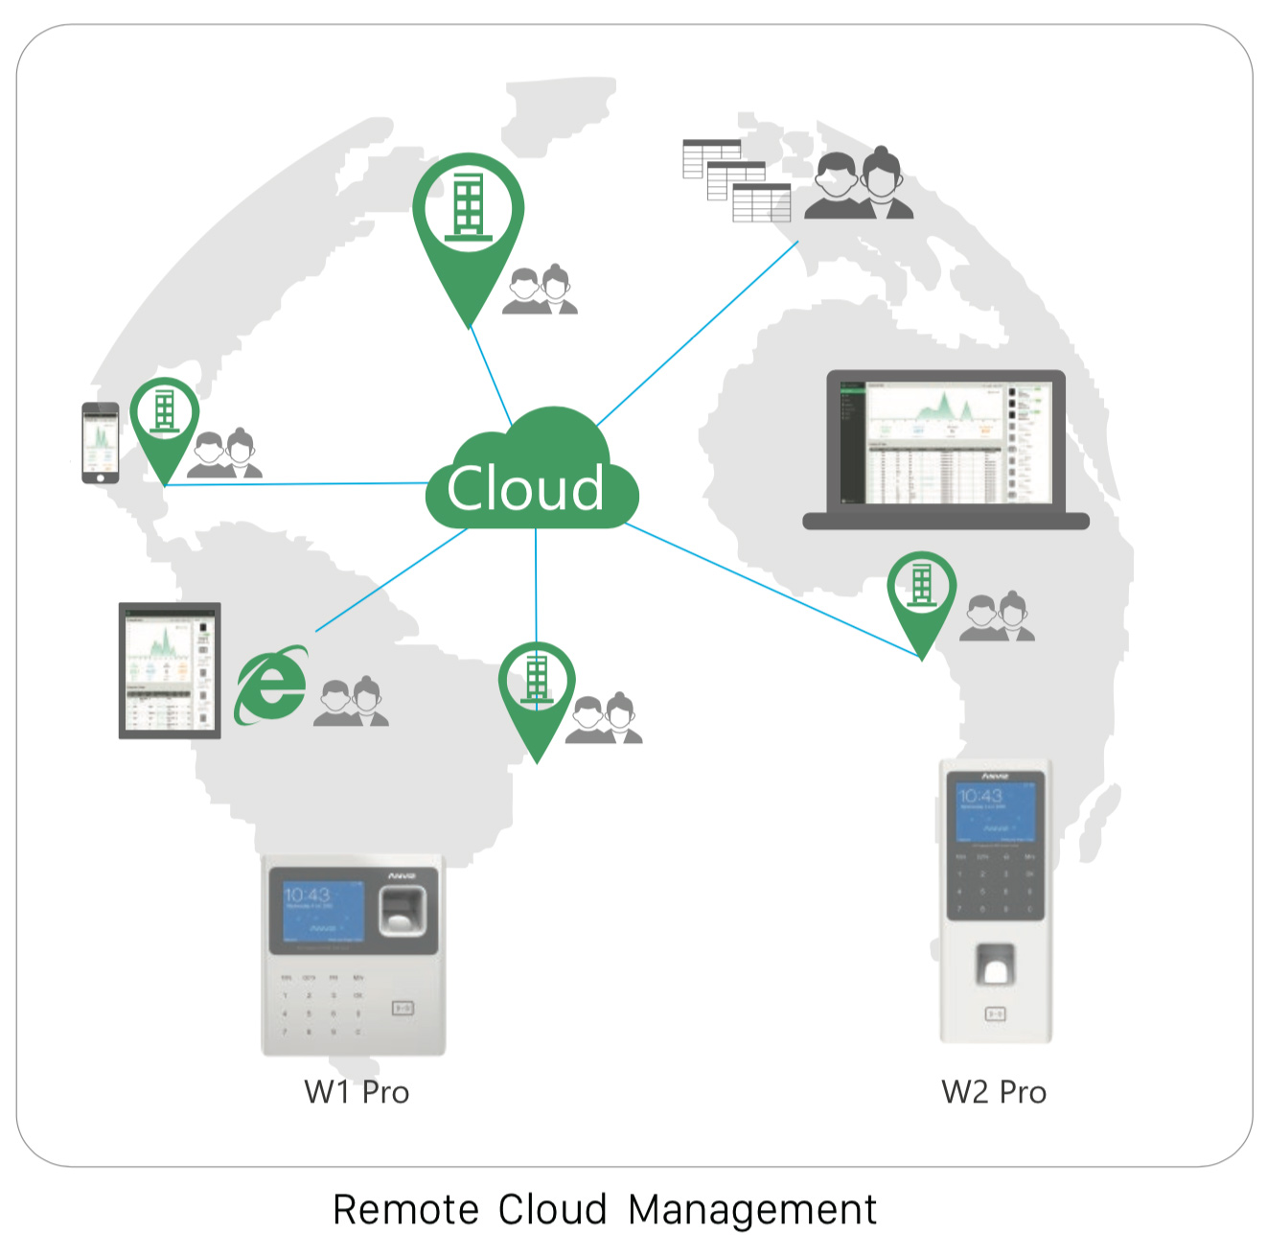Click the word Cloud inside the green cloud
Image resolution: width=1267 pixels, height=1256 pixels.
tap(525, 489)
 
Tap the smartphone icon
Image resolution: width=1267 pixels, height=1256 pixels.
tap(100, 443)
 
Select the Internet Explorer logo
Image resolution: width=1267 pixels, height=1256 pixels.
tap(271, 685)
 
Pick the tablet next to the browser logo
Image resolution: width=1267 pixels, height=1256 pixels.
tap(170, 670)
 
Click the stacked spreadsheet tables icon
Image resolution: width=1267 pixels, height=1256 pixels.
tap(736, 180)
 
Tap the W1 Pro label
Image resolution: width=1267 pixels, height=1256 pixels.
tap(357, 1092)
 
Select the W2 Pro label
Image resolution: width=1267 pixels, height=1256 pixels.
tap(994, 1092)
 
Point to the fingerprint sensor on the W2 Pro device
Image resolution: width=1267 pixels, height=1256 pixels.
tap(995, 965)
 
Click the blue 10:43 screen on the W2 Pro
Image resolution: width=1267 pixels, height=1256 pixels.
tap(996, 810)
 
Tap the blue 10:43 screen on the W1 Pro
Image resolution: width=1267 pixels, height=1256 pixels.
tap(324, 911)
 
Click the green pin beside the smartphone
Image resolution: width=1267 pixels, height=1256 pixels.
tap(165, 422)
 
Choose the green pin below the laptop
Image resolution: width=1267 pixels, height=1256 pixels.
tap(921, 594)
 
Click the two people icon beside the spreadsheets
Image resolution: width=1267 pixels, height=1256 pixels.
tap(858, 186)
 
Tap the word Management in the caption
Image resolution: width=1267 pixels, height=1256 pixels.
tap(752, 1210)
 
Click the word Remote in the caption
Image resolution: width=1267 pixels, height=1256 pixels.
tap(405, 1210)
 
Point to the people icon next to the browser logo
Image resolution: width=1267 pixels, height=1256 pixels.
tap(351, 703)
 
